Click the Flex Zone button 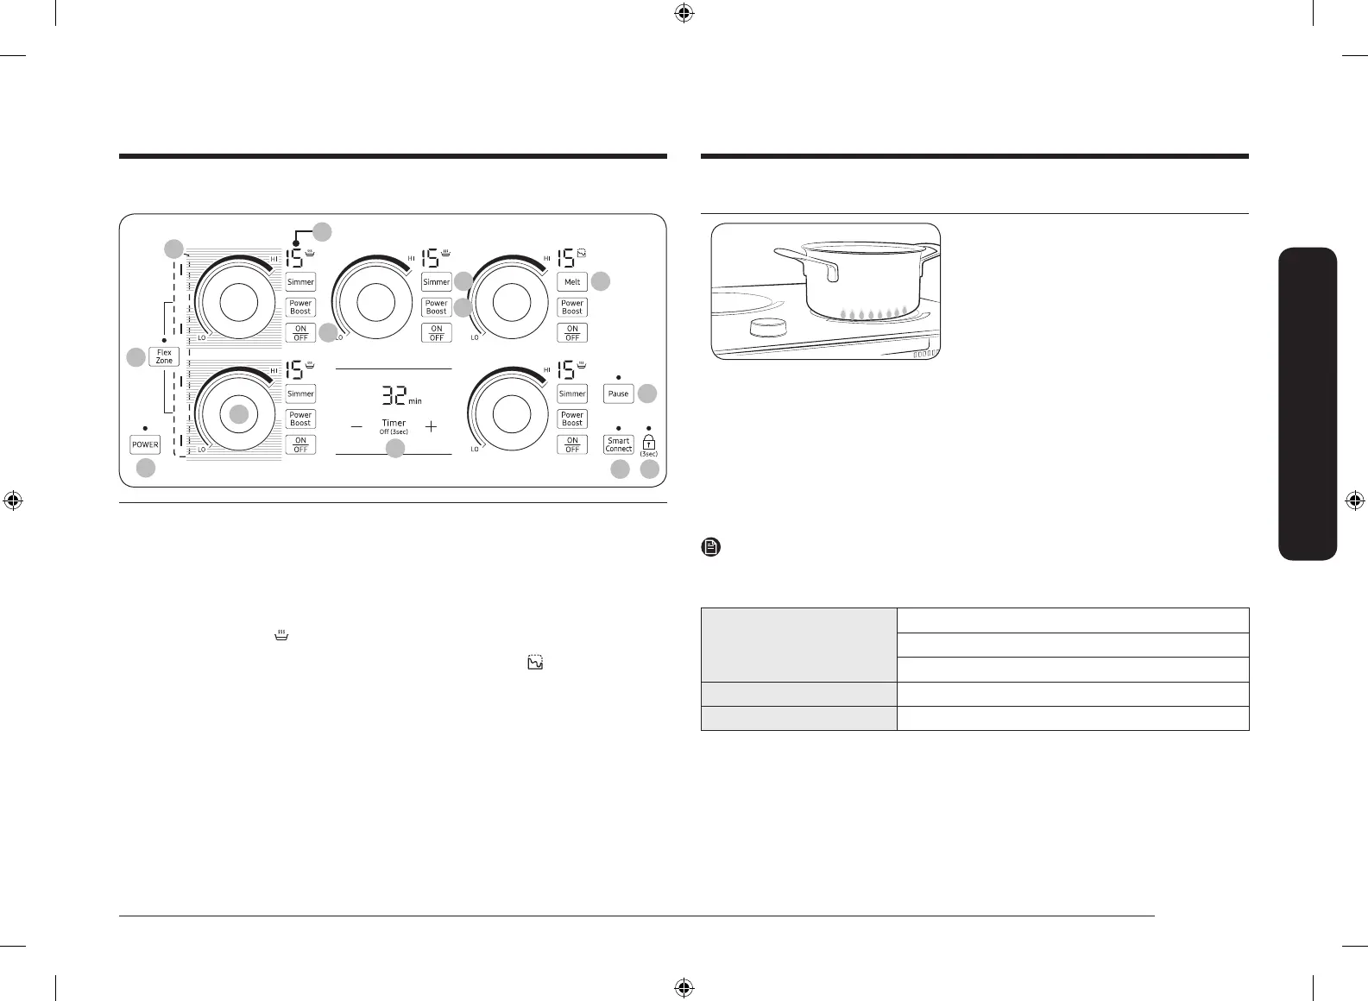point(164,356)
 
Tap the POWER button point(145,444)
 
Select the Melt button point(572,282)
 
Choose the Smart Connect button point(619,444)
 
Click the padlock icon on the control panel point(649,442)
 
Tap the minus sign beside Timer point(356,426)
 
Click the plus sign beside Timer point(431,426)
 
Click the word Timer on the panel point(394,423)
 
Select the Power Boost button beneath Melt point(572,307)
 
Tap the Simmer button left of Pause point(572,393)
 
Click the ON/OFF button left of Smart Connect point(572,444)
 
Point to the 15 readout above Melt point(567,258)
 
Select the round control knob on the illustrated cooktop point(767,328)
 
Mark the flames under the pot point(871,313)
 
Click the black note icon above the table point(711,547)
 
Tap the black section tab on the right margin point(1309,404)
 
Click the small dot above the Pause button point(619,377)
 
